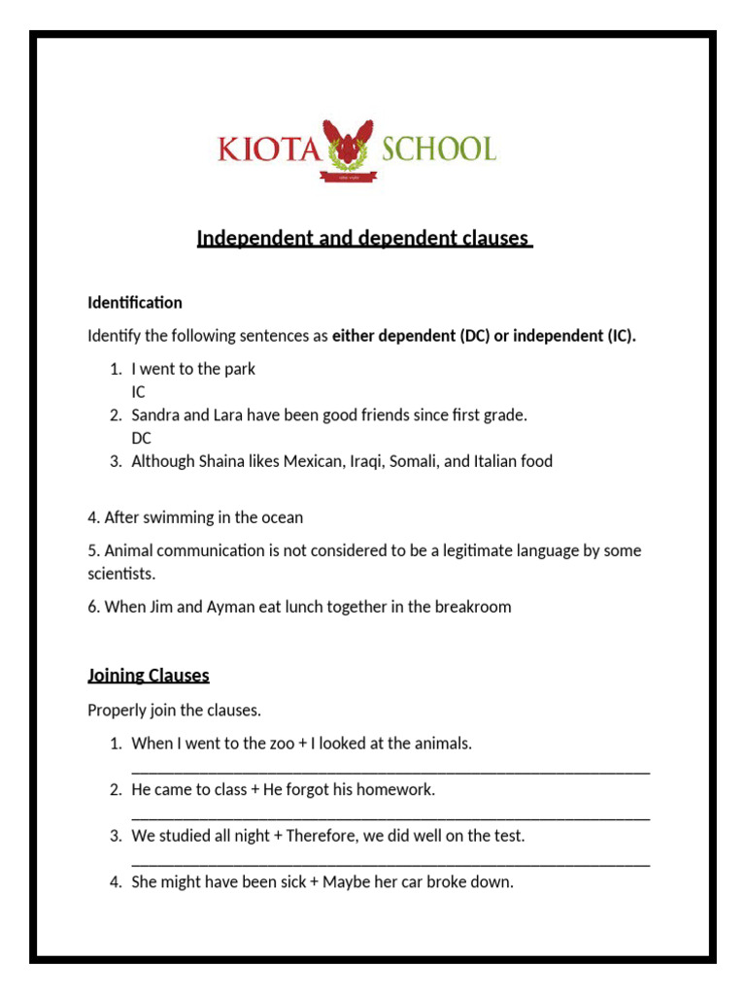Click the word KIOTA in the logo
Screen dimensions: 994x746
(268, 149)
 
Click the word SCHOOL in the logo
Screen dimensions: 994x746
(438, 149)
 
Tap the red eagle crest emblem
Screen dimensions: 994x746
(348, 146)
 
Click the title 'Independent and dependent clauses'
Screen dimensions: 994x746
(364, 238)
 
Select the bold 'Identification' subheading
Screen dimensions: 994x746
(135, 303)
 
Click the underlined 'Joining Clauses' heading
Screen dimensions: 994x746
(149, 675)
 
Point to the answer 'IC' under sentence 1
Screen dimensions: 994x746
(140, 392)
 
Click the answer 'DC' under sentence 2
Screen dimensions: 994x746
(142, 438)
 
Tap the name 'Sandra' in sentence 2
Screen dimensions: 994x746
(155, 414)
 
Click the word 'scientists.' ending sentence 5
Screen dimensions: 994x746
(121, 574)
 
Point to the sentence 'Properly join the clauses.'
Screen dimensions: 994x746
(175, 710)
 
